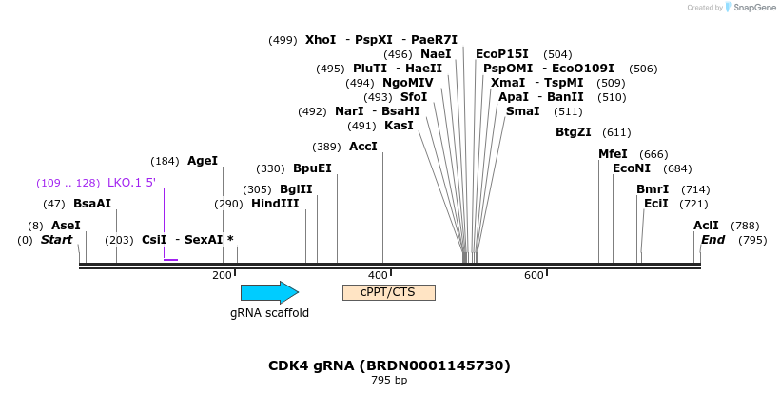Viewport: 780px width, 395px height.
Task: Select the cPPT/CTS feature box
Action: click(388, 292)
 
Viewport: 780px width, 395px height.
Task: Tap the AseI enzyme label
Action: click(66, 226)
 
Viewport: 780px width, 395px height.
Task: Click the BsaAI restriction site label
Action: click(92, 204)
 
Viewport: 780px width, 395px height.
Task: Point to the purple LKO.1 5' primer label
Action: click(131, 183)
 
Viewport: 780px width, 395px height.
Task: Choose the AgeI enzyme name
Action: click(203, 161)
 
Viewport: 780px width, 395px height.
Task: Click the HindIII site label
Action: click(275, 204)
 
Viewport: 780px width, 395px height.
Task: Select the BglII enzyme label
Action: click(296, 189)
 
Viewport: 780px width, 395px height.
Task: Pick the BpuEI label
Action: click(312, 168)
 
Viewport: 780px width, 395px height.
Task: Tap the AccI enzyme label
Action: click(363, 147)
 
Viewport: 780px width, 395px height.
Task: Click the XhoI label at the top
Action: click(321, 40)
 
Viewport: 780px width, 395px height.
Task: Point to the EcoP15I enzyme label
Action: click(502, 54)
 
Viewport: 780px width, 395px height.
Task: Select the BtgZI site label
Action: click(574, 132)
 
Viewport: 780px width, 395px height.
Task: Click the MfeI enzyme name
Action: click(613, 154)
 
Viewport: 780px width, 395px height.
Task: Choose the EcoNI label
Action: click(632, 168)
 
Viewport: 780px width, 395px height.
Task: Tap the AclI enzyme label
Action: click(706, 226)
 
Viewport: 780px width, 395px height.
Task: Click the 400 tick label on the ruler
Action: click(379, 275)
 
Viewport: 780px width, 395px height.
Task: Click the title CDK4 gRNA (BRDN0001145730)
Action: click(389, 365)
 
